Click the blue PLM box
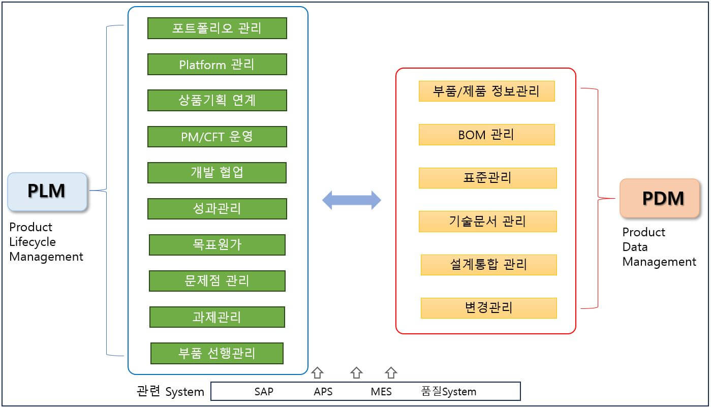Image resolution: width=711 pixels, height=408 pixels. click(x=47, y=192)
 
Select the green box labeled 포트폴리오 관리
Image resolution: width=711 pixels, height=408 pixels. click(x=217, y=28)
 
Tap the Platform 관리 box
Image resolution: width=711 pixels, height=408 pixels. click(x=217, y=65)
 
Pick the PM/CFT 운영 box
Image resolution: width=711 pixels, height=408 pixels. click(x=217, y=137)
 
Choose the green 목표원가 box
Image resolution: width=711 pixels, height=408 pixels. click(x=217, y=245)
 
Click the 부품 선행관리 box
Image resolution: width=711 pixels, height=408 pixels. click(x=217, y=353)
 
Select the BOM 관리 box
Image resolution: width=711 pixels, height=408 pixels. click(x=486, y=135)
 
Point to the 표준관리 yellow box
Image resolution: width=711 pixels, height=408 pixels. click(x=487, y=178)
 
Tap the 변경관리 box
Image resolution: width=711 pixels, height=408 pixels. click(x=488, y=308)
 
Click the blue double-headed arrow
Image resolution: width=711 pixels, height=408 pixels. click(x=352, y=200)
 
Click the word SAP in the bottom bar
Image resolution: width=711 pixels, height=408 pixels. click(x=264, y=392)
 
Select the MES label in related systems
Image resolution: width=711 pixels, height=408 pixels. click(x=381, y=392)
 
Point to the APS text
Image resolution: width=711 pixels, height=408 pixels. click(x=323, y=392)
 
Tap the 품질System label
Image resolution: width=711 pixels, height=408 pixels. click(x=449, y=392)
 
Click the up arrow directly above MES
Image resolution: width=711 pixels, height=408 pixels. click(x=390, y=373)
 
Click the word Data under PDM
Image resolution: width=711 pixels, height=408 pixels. click(x=635, y=247)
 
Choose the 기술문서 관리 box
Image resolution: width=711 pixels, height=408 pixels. click(x=487, y=222)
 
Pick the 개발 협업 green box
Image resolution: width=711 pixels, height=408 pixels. click(x=217, y=173)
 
